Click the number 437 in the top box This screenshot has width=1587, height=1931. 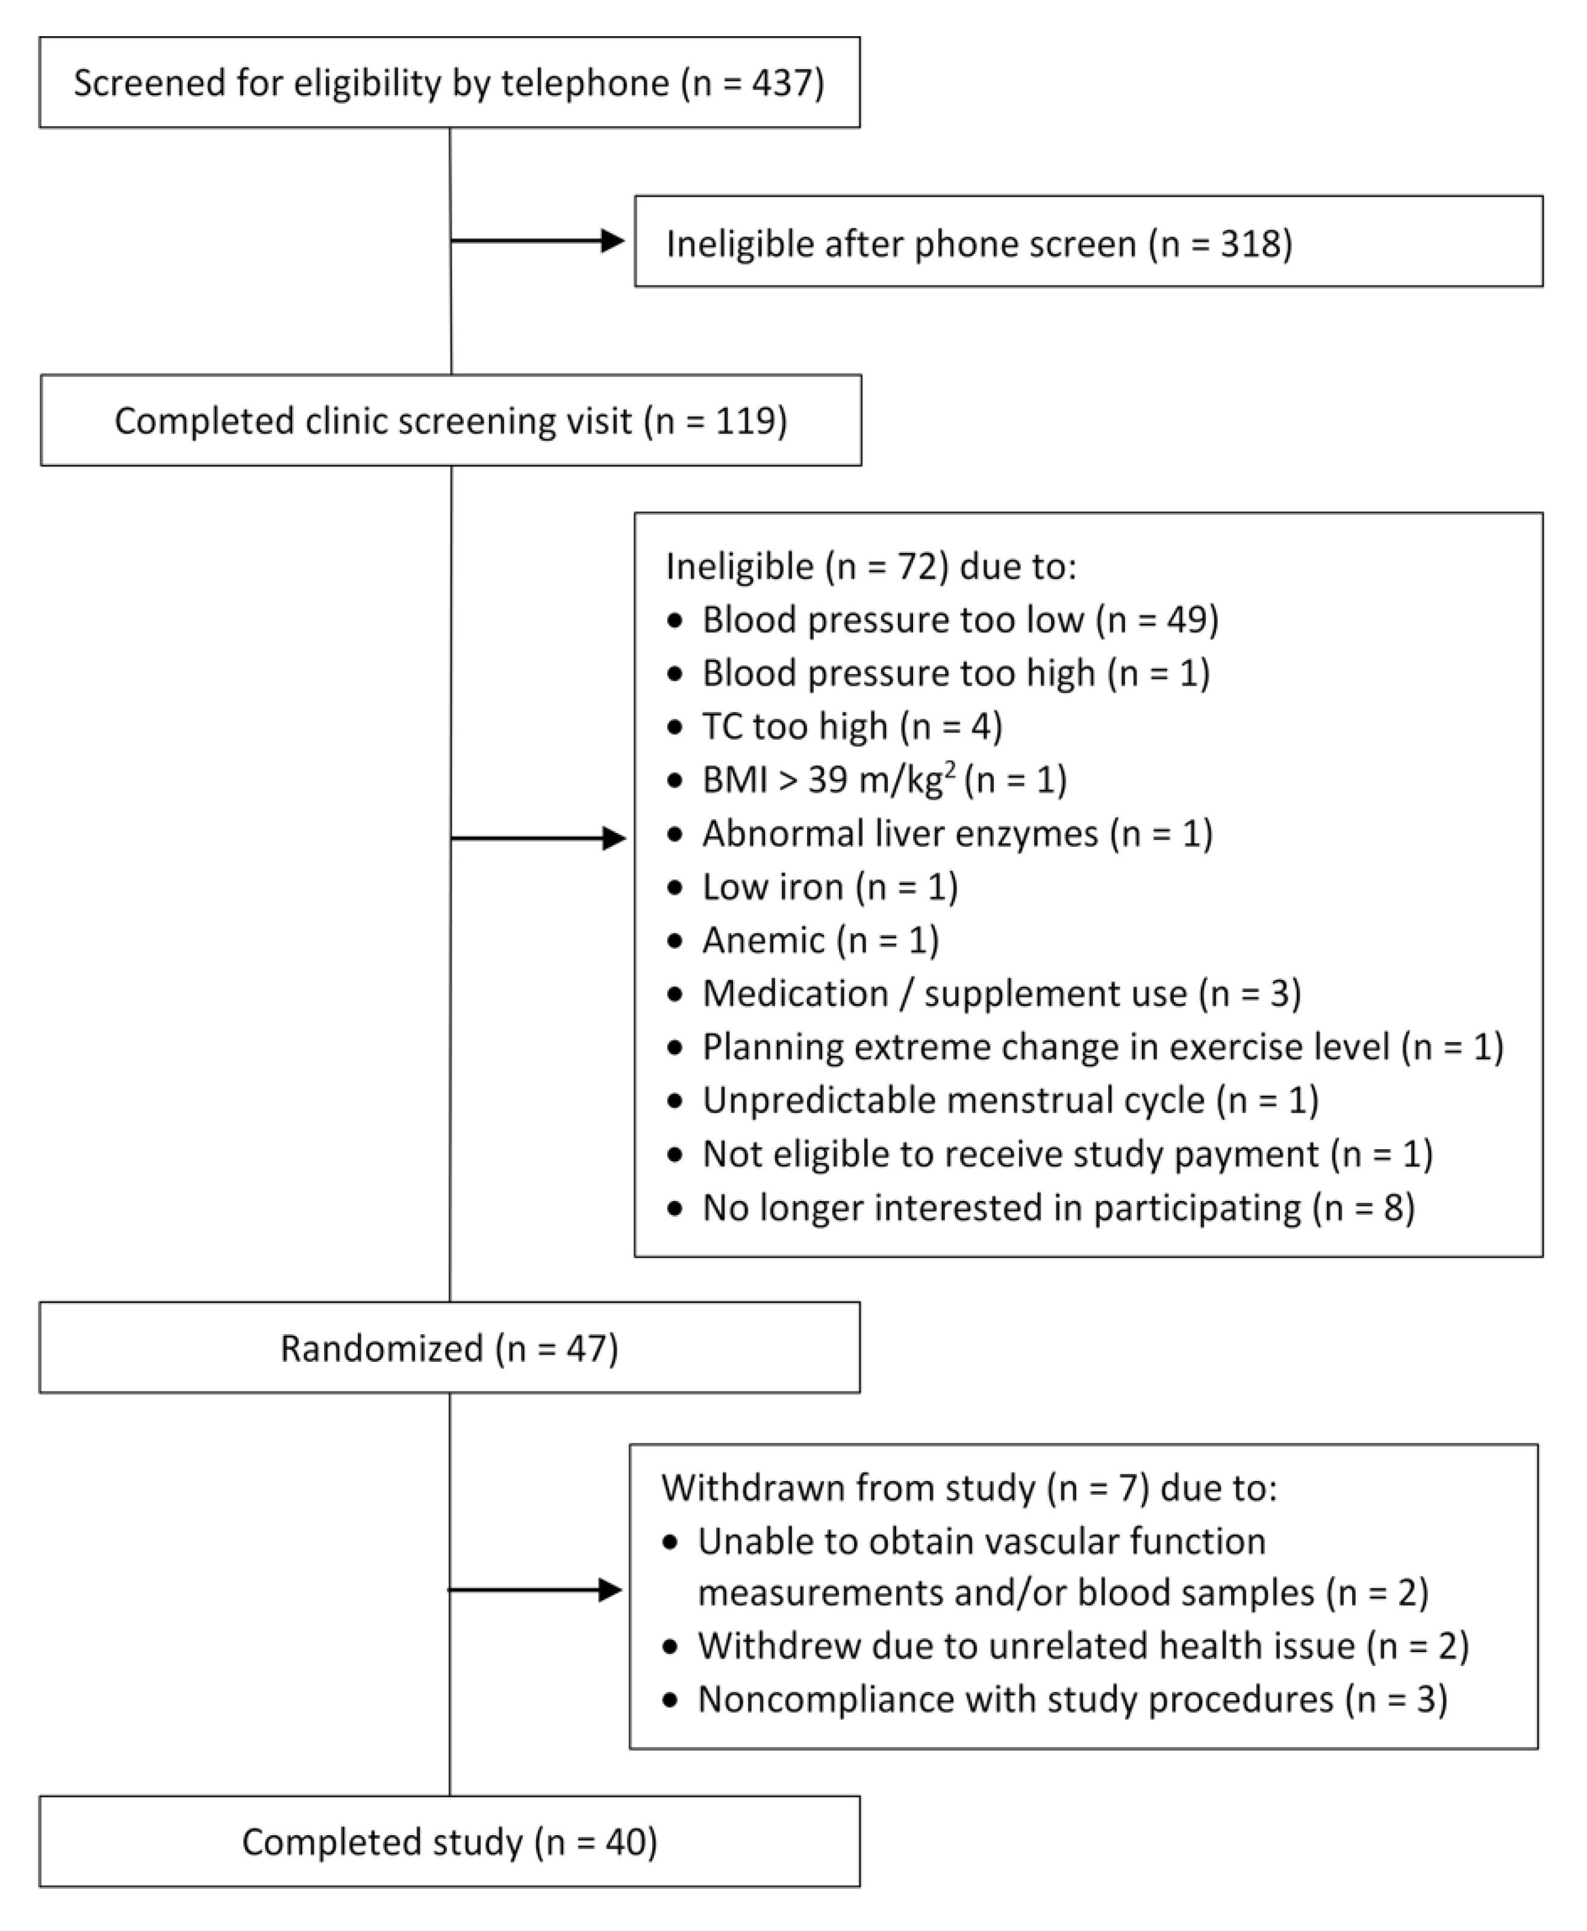click(x=782, y=83)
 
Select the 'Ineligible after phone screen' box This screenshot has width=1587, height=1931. click(x=1088, y=242)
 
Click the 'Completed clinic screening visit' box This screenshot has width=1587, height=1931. click(x=451, y=420)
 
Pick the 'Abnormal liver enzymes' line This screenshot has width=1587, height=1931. click(x=956, y=834)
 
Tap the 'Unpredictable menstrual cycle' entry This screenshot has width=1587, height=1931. click(x=1009, y=1100)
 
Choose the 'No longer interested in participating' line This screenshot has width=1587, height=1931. click(x=1058, y=1208)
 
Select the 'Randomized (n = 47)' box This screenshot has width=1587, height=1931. click(x=449, y=1349)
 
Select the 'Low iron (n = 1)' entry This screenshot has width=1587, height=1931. click(x=829, y=887)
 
